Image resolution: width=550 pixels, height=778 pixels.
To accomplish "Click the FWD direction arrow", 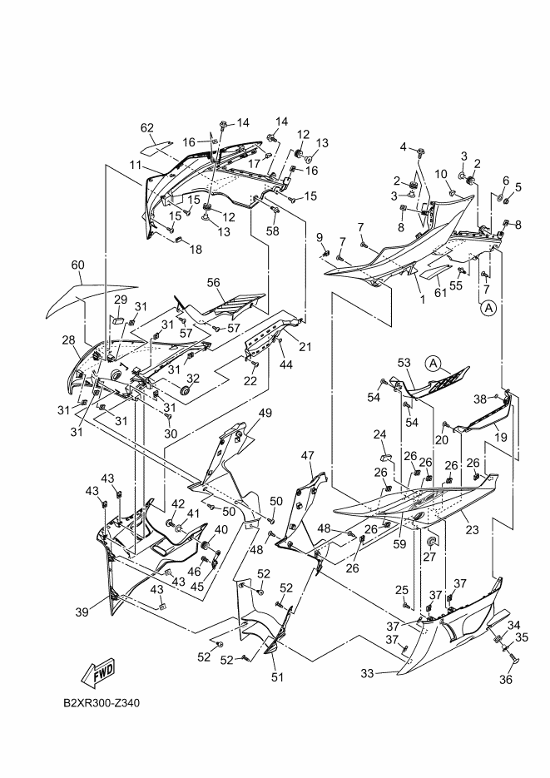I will point(97,671).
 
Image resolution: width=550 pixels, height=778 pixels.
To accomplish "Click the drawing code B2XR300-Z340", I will point(102,703).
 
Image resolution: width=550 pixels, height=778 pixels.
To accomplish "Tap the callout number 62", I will point(147,128).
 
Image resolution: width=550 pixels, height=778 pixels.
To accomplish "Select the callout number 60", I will point(77,265).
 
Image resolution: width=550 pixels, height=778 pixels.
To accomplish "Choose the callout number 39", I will point(82,612).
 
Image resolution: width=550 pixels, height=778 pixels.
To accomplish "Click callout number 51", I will point(277,676).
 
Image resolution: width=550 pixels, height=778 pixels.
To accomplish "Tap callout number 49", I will point(265,414).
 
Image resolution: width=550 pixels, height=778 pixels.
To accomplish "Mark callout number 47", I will point(308,455).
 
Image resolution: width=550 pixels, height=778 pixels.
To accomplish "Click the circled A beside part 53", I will point(433,363).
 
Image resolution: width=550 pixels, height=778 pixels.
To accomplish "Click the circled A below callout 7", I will point(488,308).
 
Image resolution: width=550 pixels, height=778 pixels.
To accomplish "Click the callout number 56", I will point(213,283).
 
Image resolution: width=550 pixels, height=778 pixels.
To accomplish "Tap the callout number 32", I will point(193,379).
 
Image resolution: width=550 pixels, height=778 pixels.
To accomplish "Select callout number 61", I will point(441,293).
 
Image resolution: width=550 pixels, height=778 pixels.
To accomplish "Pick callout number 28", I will point(68,340).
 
